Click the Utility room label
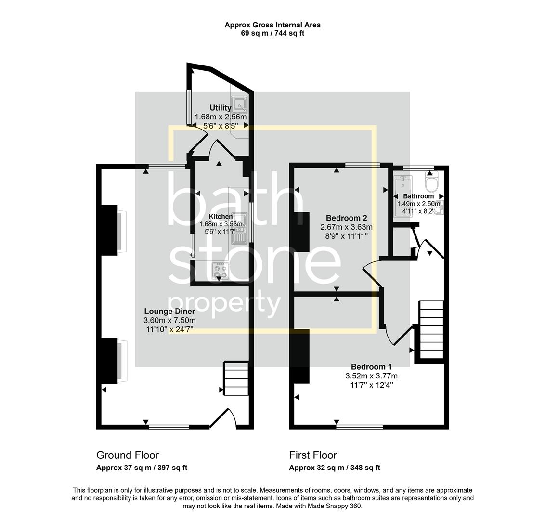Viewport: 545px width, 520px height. point(220,108)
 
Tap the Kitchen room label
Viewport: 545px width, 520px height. point(221,217)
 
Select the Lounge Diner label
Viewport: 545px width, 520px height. point(169,312)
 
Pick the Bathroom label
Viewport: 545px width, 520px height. point(418,196)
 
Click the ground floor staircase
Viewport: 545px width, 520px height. point(235,378)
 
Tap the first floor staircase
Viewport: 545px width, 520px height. point(431,330)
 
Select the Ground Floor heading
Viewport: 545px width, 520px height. point(128,455)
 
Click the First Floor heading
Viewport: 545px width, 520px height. point(313,455)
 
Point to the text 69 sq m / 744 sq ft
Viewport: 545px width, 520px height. point(272,33)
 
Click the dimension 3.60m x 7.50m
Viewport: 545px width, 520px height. point(169,321)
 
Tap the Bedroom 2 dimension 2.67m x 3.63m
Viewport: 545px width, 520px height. point(347,227)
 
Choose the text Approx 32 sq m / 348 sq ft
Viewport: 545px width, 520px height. point(335,468)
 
